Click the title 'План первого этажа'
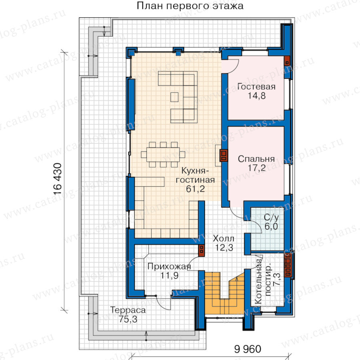click(x=190, y=6)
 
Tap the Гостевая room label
click(x=256, y=86)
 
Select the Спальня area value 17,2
click(x=256, y=168)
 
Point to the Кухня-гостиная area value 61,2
click(x=195, y=189)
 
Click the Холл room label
click(x=223, y=238)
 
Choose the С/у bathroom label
click(x=271, y=217)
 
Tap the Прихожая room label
click(x=169, y=266)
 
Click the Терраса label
click(x=128, y=310)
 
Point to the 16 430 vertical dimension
click(x=57, y=179)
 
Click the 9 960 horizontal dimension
click(x=248, y=349)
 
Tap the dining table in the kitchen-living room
click(x=163, y=154)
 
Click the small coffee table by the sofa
click(x=174, y=97)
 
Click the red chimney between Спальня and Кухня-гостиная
click(x=224, y=155)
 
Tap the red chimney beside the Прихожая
click(x=201, y=250)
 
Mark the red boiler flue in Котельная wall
click(x=288, y=265)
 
